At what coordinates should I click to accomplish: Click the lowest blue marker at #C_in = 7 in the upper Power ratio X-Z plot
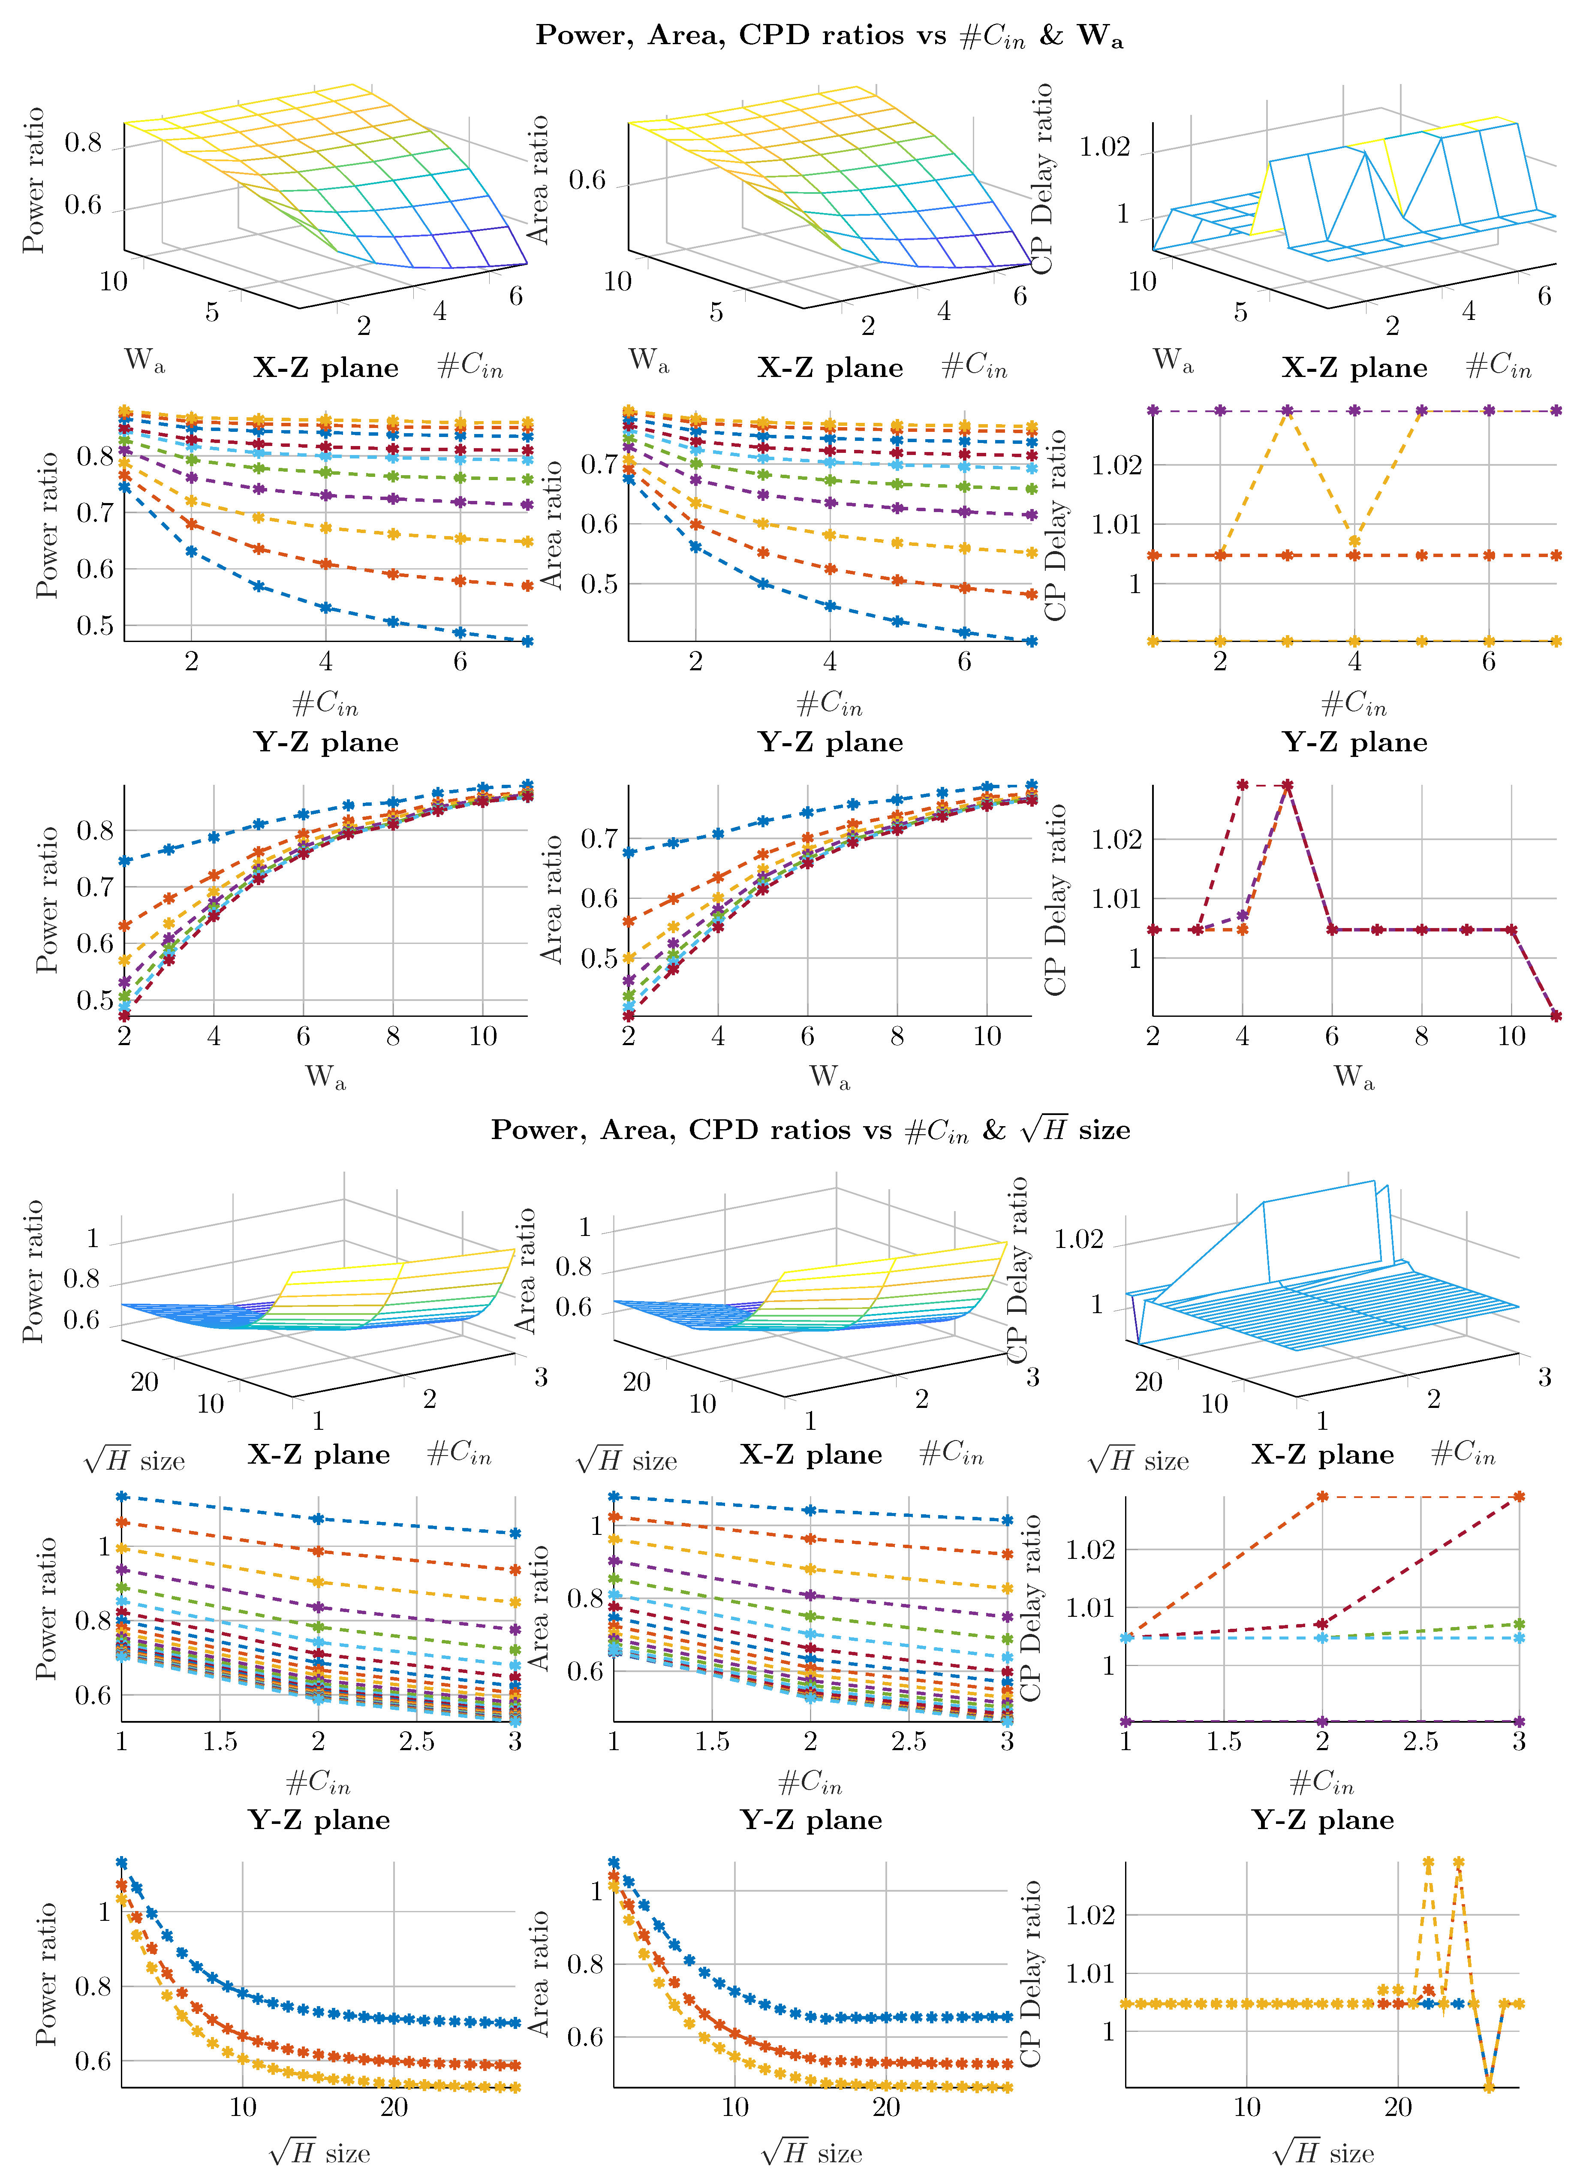(527, 640)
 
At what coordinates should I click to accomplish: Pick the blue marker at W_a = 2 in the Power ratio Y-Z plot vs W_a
(124, 860)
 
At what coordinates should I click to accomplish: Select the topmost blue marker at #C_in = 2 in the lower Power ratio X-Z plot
(319, 1519)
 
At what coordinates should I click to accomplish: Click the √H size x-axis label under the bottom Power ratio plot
(319, 2153)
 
